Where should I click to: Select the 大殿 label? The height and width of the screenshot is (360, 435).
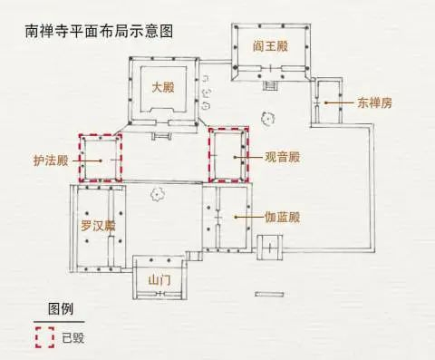(x=163, y=88)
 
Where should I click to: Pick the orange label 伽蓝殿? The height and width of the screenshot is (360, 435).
(x=282, y=218)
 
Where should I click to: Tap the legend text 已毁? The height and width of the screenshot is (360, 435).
(x=73, y=337)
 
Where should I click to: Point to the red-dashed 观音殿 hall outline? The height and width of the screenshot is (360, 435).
(x=227, y=157)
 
